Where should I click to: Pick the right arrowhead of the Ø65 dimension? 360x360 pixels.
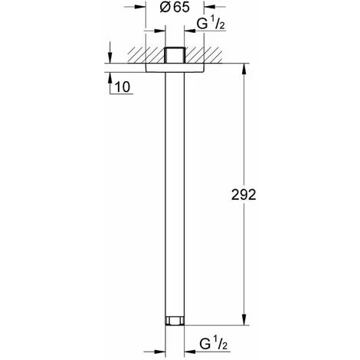click(x=211, y=33)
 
